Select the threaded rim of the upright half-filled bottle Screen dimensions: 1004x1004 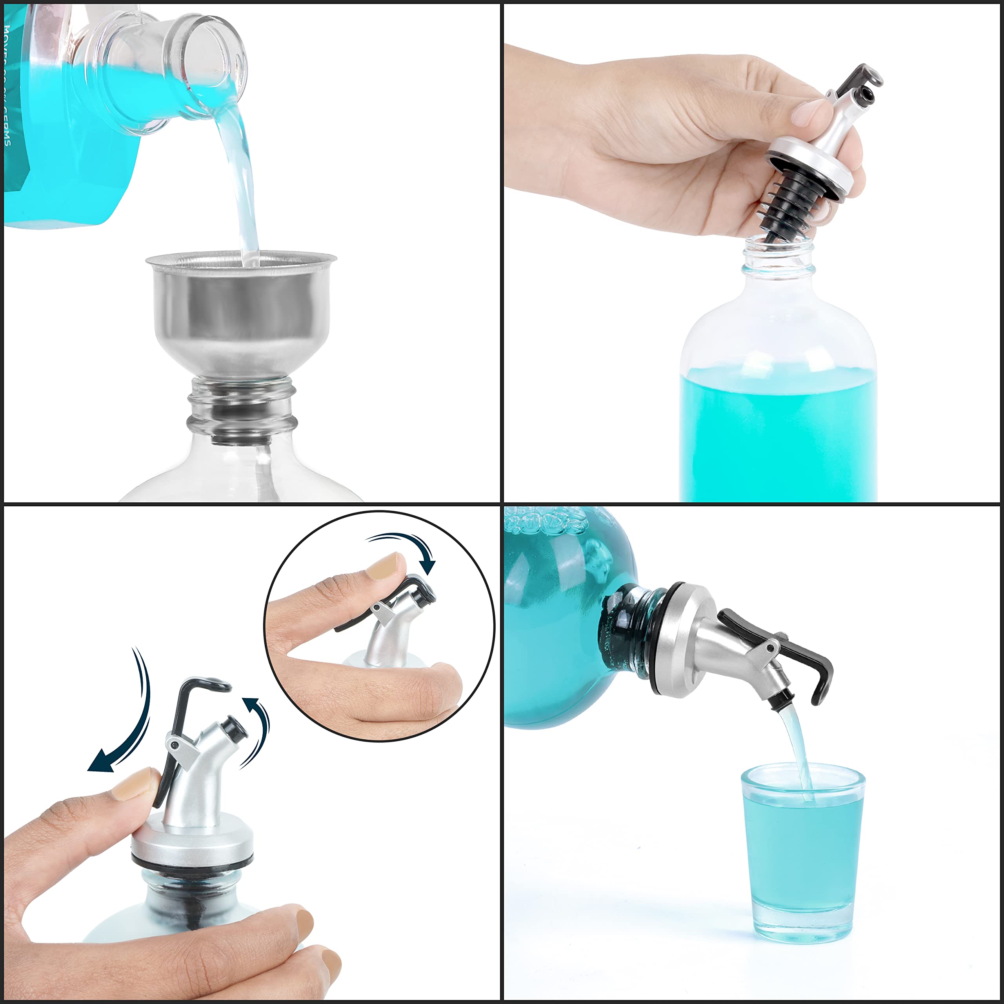[778, 258]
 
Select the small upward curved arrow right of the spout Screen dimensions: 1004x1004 [257, 728]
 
